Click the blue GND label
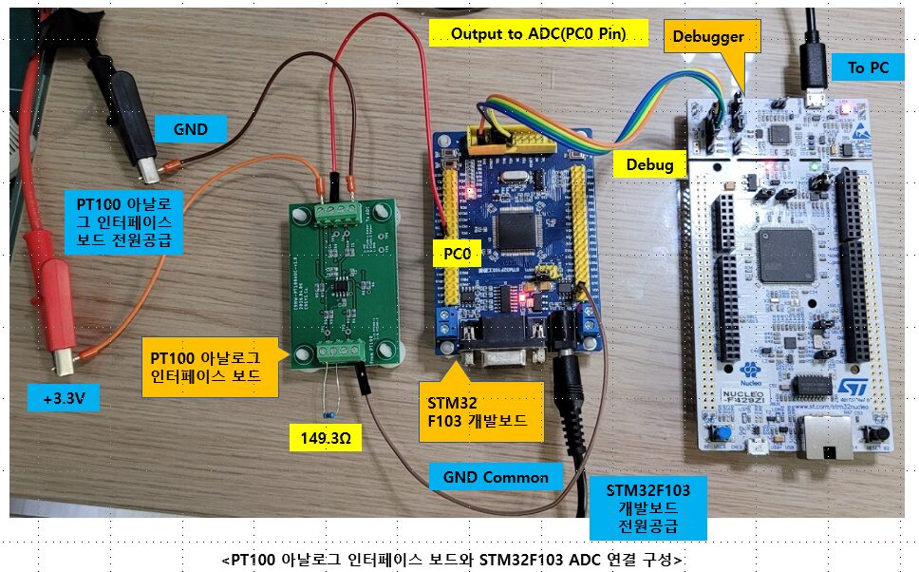coord(191,128)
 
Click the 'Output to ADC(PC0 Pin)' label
coord(538,33)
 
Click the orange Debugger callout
coord(708,37)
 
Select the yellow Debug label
coord(649,164)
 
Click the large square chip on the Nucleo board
coord(786,255)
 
